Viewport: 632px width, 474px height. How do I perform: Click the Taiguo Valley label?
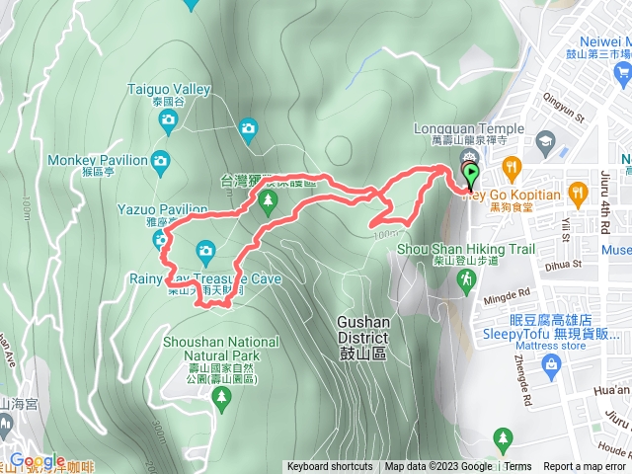[170, 89]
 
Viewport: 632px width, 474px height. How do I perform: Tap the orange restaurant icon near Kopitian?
[511, 166]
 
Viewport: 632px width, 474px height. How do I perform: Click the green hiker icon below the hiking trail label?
[465, 283]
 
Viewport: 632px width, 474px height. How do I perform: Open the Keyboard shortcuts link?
[330, 467]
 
